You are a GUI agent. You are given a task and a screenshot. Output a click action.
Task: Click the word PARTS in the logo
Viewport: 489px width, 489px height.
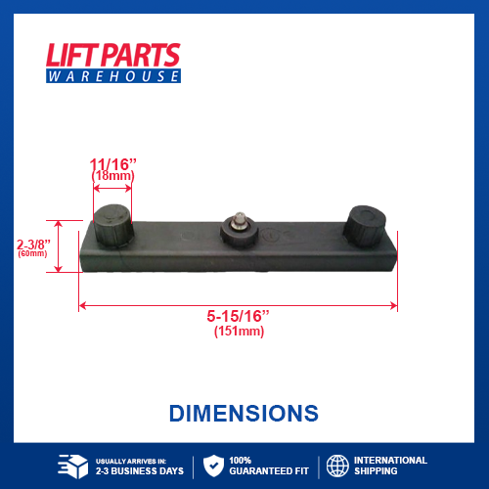tap(144, 55)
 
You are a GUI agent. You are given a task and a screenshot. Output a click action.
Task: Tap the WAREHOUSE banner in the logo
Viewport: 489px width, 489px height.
tap(112, 75)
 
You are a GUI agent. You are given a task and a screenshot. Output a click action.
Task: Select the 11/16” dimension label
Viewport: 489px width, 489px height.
tap(112, 163)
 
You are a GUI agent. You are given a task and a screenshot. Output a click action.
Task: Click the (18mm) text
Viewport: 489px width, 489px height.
tap(112, 175)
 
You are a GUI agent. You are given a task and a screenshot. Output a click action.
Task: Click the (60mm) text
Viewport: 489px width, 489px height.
tap(32, 254)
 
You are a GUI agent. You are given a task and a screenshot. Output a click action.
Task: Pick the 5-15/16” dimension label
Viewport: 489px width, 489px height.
tap(239, 317)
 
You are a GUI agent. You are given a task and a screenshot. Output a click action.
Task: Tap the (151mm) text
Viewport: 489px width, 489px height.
tap(239, 332)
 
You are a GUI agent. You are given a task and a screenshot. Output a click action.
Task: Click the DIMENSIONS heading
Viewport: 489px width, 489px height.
tap(244, 413)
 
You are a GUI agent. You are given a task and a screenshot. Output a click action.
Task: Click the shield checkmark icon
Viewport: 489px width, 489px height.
tap(212, 466)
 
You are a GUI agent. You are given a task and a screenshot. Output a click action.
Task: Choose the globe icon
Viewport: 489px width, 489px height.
tap(337, 466)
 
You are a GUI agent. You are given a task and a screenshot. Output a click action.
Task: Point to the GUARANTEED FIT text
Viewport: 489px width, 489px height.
tap(264, 471)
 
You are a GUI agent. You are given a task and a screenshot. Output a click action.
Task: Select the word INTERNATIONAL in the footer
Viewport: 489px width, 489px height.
tap(390, 460)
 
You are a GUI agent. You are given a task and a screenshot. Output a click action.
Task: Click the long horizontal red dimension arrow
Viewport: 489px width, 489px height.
tap(238, 305)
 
